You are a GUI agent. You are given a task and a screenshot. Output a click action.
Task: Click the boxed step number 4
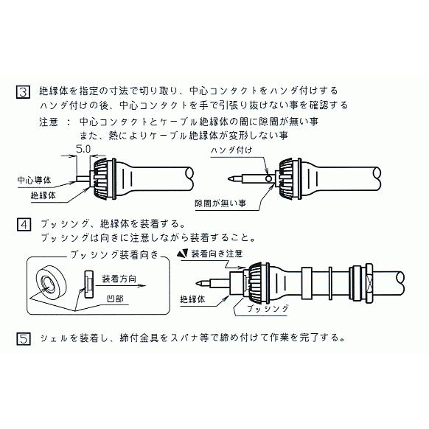pos(24,223)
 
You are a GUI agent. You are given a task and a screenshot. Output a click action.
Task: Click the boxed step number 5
pos(24,338)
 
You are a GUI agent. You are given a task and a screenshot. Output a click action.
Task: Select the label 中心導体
pos(34,180)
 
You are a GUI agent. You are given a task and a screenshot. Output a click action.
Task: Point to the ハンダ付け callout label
pos(231,150)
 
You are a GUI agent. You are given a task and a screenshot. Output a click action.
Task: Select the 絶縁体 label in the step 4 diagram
pos(194,299)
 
